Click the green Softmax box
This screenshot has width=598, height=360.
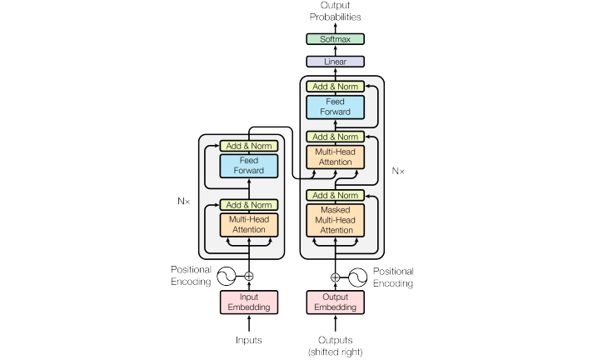tap(336, 39)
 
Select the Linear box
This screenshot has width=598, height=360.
tap(336, 61)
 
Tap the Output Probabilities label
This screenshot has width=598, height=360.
tap(336, 12)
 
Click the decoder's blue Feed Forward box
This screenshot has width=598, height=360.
tap(336, 107)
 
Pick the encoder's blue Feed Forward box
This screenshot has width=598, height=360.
tap(248, 165)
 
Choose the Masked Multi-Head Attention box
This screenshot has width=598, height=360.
tap(336, 219)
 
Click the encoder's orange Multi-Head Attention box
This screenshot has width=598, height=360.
tap(248, 225)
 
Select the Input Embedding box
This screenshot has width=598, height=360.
tap(248, 302)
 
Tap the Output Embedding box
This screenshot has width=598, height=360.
tap(336, 302)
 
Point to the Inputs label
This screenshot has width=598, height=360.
tap(248, 340)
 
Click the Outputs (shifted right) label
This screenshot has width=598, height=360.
tap(336, 344)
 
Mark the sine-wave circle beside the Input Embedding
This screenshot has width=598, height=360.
tap(225, 276)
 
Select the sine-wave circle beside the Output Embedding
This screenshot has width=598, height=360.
tap(359, 277)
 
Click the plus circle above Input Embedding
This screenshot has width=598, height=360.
tap(248, 276)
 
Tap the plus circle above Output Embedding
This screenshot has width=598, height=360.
tap(336, 277)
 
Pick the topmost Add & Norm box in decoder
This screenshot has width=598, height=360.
tap(336, 86)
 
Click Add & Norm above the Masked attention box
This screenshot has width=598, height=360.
tap(336, 195)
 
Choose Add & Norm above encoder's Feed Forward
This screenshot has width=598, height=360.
tap(248, 146)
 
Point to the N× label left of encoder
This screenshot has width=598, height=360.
tap(184, 201)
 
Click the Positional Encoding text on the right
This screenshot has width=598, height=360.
tap(392, 277)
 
